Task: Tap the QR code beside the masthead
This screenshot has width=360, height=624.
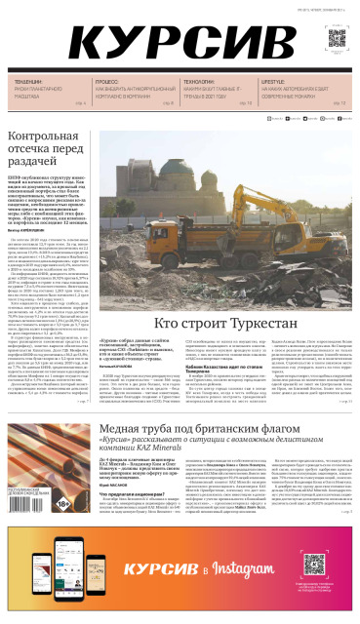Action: [x=336, y=40]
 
